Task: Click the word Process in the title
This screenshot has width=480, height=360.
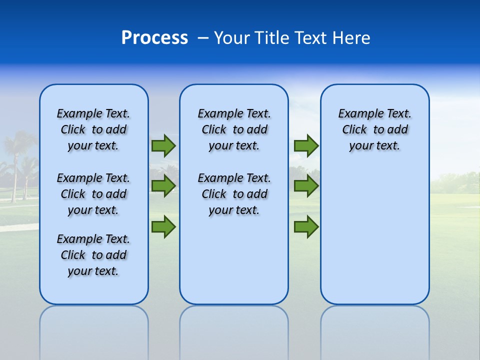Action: coord(154,38)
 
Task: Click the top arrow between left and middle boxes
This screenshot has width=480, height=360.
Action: coord(163,145)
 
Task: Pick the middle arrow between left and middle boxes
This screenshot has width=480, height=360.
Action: coord(163,186)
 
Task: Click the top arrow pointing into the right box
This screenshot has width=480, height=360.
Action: coord(306,145)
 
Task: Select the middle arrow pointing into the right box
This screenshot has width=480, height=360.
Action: coord(306,186)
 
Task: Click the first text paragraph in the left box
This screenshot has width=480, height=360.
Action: coord(93,129)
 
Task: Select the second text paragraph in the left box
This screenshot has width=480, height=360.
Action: coord(93,194)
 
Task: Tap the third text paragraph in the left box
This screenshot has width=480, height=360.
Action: coord(93,255)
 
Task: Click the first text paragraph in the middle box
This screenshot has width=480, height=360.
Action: coord(234,129)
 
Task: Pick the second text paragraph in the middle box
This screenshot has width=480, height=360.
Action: coord(234,194)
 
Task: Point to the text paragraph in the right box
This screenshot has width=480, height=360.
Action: coord(374,129)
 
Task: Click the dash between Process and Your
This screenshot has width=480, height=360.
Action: coord(203,38)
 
